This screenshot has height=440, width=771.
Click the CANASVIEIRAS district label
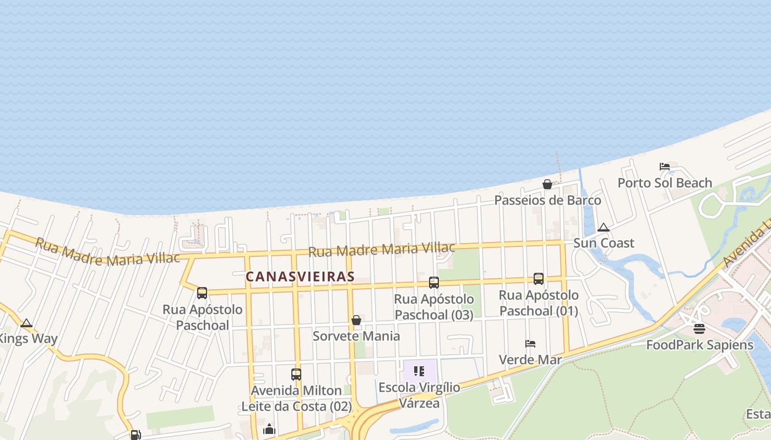[x=300, y=277]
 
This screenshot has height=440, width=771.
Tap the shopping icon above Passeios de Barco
[x=547, y=184]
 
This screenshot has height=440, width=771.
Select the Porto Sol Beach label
[x=665, y=183]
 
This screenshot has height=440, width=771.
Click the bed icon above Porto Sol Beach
[x=665, y=167]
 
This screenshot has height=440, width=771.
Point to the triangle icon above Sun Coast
[x=604, y=227]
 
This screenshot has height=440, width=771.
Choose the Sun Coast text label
[x=604, y=243]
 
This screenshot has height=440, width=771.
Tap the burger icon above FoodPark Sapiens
[x=699, y=329]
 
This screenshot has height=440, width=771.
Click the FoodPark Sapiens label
[x=699, y=345]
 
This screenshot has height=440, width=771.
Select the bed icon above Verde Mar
[x=530, y=344]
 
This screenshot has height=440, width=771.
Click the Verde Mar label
[x=530, y=360]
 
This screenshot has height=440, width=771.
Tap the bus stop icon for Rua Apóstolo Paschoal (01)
[x=539, y=279]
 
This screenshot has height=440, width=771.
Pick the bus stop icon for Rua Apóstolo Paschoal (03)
[x=434, y=283]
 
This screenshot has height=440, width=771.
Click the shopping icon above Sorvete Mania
[x=356, y=320]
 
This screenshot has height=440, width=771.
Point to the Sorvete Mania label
[x=356, y=336]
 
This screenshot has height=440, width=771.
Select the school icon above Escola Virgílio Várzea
[x=419, y=371]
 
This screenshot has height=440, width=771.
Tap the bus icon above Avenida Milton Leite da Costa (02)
[x=296, y=375]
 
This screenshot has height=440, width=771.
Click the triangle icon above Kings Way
[x=26, y=323]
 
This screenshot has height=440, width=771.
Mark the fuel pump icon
[x=135, y=435]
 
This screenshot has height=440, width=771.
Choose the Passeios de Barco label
[x=547, y=200]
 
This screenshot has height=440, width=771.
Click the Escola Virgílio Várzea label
[x=419, y=395]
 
